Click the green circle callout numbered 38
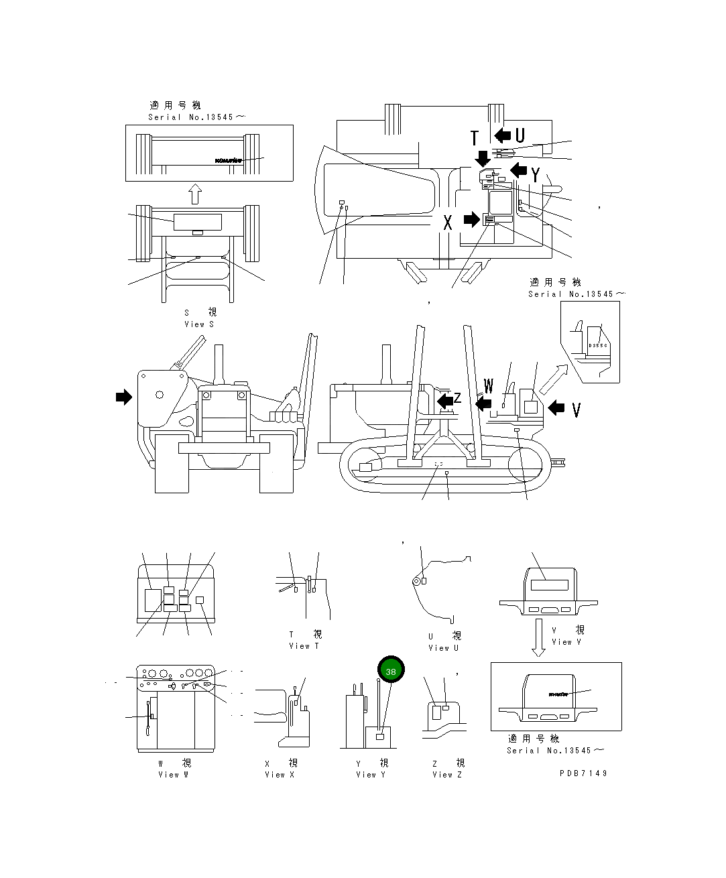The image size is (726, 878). tap(391, 670)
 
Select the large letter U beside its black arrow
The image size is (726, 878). tap(520, 135)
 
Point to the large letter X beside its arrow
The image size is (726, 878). tap(448, 223)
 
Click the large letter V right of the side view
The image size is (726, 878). tap(576, 410)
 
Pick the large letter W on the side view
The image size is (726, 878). tap(488, 387)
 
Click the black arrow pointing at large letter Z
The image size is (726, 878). tap(444, 401)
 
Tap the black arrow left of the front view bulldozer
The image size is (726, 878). tap(124, 397)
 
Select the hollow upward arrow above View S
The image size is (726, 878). tap(195, 194)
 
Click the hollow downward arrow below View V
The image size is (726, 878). tap(538, 638)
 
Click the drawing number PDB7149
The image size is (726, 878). tap(583, 773)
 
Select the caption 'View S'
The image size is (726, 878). tap(199, 324)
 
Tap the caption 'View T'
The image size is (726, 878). tap(304, 646)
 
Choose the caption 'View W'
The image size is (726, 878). tap(173, 775)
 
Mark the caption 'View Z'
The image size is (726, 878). tap(447, 775)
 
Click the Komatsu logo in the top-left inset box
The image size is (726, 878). tap(228, 160)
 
